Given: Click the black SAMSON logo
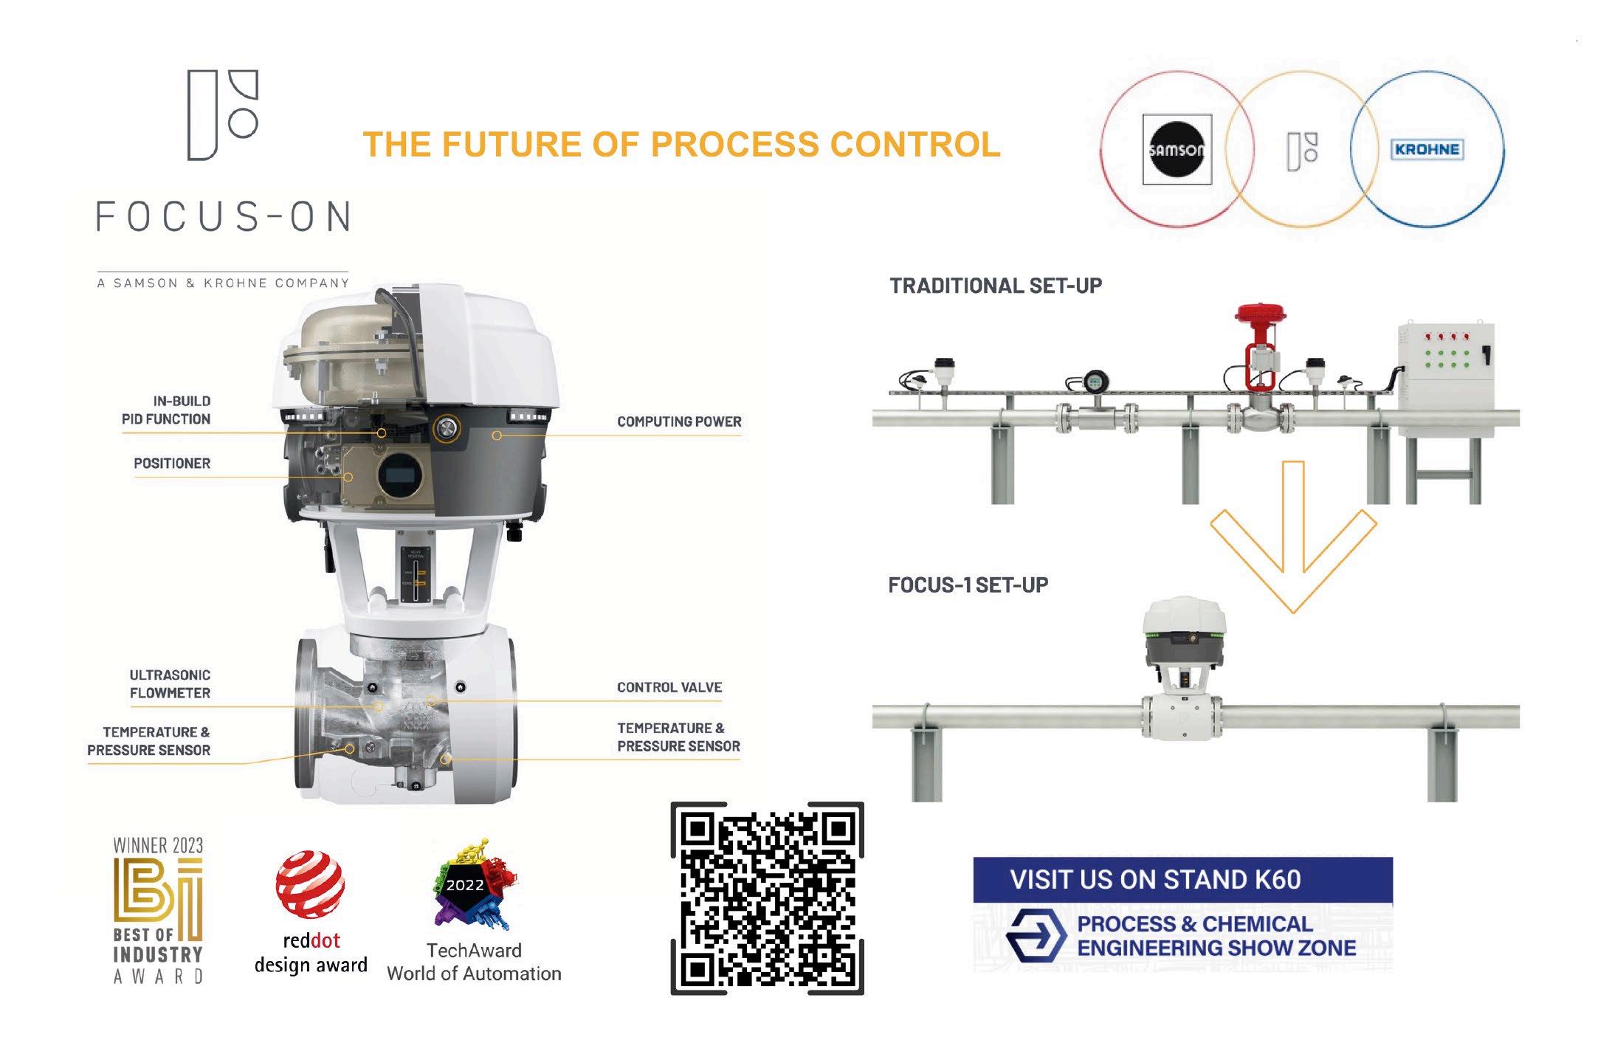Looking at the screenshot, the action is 1177,150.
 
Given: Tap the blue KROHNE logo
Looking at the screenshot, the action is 1426,149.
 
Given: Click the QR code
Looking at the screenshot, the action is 767,898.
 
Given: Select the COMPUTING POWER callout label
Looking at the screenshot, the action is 679,421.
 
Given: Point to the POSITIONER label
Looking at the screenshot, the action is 172,464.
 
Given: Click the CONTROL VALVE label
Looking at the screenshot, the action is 669,687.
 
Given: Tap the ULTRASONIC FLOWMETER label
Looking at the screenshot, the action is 170,683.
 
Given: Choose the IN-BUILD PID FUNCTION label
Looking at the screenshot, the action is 166,410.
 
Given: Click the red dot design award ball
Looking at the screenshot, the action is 310,883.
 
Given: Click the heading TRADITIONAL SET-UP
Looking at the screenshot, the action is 995,286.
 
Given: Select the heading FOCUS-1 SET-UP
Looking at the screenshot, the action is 968,585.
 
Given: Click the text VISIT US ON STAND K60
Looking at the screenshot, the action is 1154,880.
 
